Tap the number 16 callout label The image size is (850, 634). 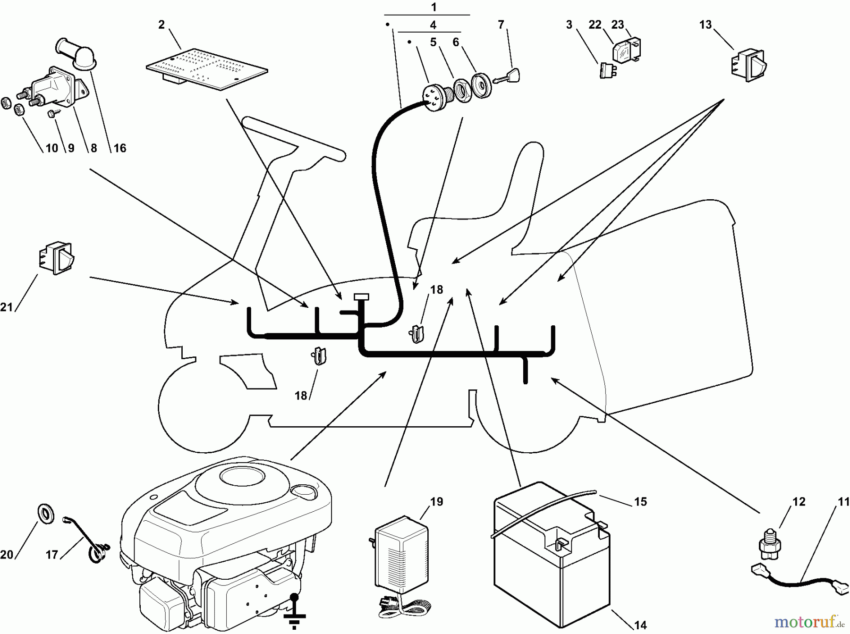pyautogui.click(x=120, y=148)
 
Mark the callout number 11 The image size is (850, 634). pyautogui.click(x=843, y=502)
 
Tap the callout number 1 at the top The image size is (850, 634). pyautogui.click(x=433, y=7)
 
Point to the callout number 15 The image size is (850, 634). pyautogui.click(x=640, y=501)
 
